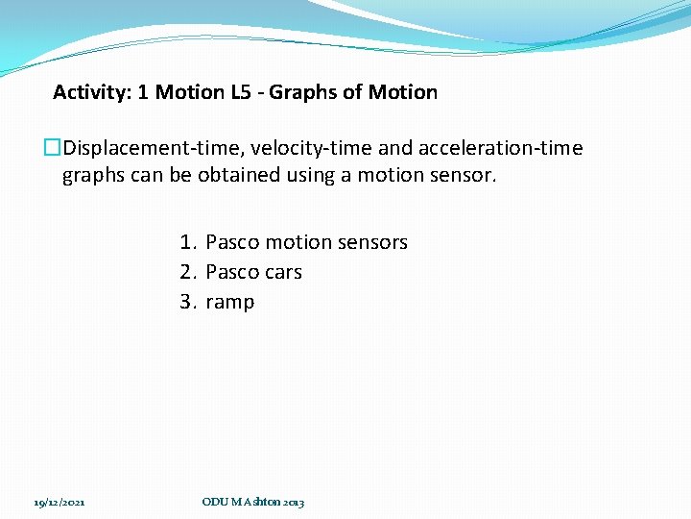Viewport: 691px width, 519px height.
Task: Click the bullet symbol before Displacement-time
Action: point(52,148)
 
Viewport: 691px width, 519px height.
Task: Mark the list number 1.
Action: point(187,242)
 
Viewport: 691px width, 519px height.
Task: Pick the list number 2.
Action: point(187,272)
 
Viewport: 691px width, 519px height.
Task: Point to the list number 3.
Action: point(187,302)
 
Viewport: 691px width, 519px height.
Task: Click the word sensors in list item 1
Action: point(371,242)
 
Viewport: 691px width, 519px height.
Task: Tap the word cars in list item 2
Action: point(282,272)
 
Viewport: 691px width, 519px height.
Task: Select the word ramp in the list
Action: point(230,303)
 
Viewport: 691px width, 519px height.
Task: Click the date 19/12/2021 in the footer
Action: point(60,503)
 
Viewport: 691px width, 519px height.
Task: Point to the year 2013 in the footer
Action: point(294,503)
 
